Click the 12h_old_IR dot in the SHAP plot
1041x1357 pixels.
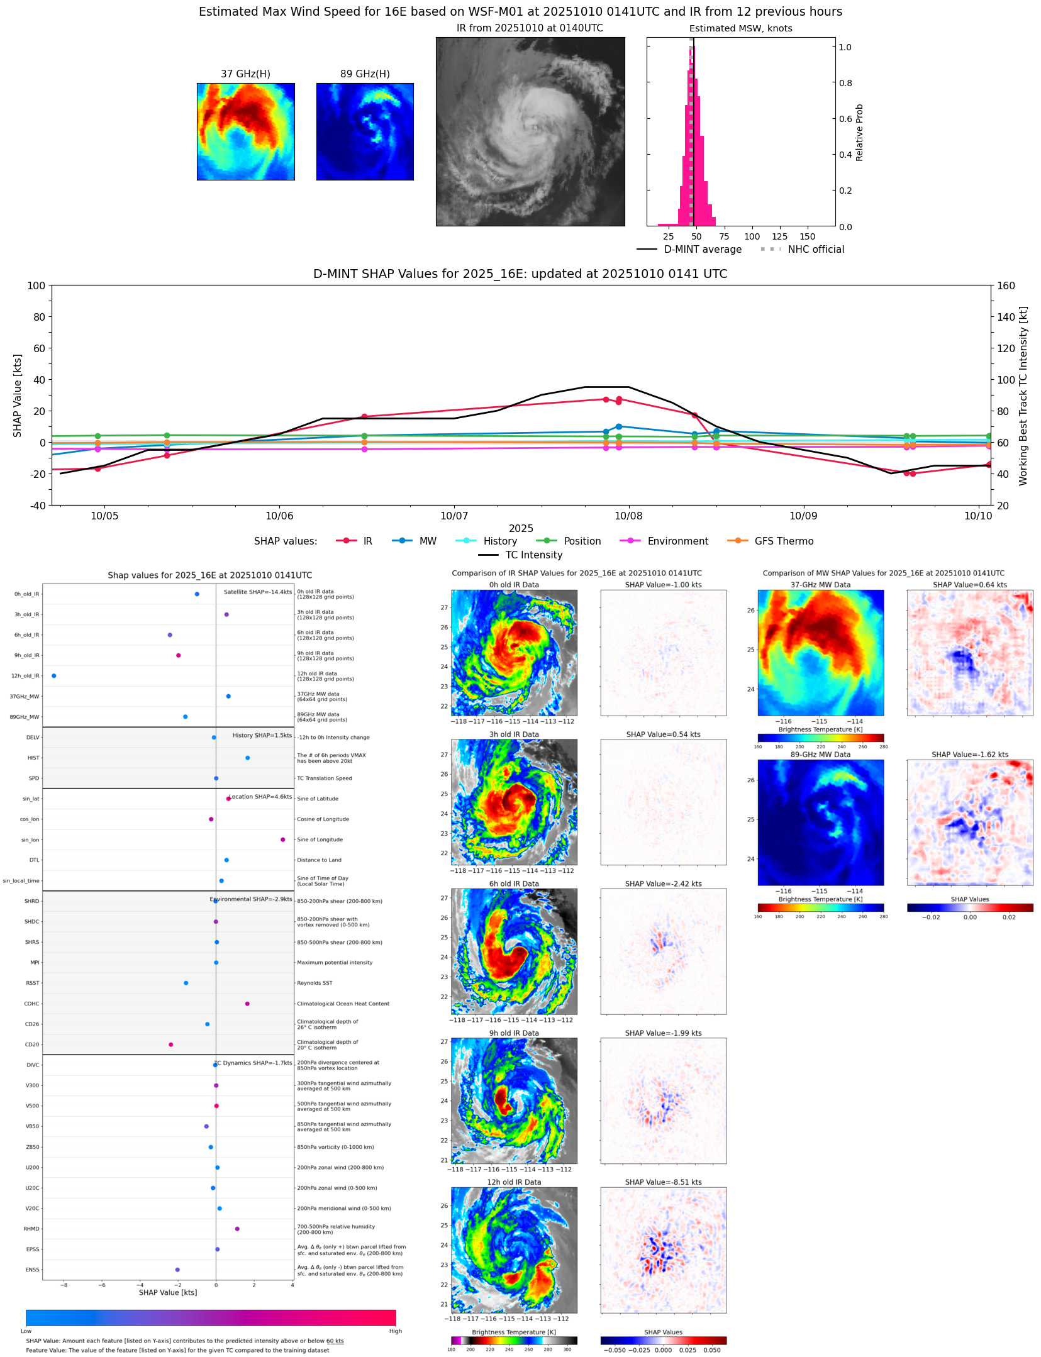[53, 675]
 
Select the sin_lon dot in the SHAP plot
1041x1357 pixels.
[282, 839]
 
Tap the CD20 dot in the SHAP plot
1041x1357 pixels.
[170, 1044]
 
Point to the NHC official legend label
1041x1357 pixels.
[816, 249]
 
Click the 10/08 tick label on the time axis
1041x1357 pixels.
[628, 516]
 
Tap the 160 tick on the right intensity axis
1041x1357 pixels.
[1006, 285]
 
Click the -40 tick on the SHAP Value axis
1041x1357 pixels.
[36, 505]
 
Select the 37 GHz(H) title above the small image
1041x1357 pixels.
[245, 74]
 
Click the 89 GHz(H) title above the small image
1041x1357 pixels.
[365, 74]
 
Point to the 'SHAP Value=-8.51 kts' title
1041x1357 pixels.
[663, 1182]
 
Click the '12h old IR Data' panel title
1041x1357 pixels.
[514, 1182]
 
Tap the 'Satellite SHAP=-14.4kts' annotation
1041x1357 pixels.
[258, 592]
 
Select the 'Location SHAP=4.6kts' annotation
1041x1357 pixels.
[260, 797]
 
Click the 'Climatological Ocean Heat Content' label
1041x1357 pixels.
[343, 1004]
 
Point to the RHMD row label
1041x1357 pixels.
[31, 1229]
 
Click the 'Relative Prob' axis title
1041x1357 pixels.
[859, 132]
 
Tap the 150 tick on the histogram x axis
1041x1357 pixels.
[808, 236]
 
